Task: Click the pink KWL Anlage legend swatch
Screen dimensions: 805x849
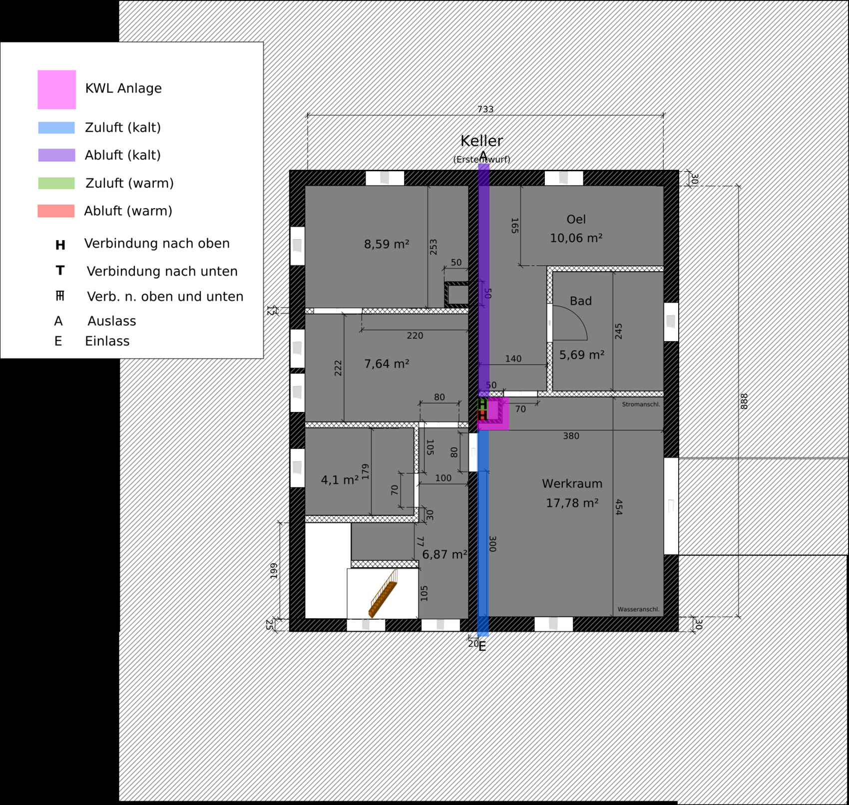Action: [x=56, y=89]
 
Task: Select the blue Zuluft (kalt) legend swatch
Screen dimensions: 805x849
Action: [x=56, y=128]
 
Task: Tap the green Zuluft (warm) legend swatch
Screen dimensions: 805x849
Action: [x=56, y=183]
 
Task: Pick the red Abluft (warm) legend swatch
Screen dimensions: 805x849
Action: [x=56, y=211]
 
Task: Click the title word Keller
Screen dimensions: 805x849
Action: [x=481, y=141]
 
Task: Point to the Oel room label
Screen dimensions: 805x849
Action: [x=576, y=219]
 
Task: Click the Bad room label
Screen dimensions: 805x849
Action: [x=580, y=301]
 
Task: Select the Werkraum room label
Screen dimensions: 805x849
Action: [x=572, y=483]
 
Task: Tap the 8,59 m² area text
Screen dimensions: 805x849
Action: [x=387, y=244]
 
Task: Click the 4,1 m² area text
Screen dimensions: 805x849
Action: [x=340, y=480]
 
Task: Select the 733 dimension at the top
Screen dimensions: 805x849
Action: [x=485, y=109]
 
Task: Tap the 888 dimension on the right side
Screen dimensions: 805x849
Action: [x=744, y=401]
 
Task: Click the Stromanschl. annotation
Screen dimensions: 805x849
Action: [x=641, y=404]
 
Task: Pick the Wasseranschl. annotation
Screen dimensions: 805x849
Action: [x=638, y=609]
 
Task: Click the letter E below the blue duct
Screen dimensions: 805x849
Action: [x=482, y=647]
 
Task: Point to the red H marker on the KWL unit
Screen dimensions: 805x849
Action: [x=482, y=415]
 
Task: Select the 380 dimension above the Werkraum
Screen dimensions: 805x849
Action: [x=571, y=436]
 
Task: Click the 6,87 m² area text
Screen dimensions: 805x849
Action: [x=444, y=554]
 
